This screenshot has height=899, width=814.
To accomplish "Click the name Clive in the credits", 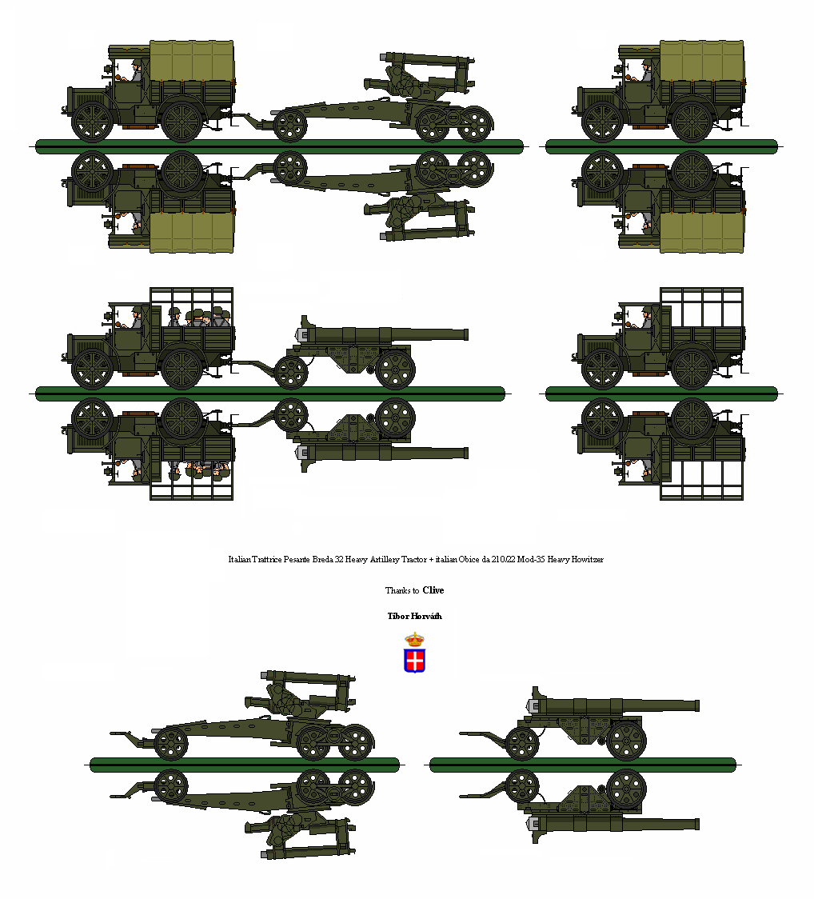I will [433, 590].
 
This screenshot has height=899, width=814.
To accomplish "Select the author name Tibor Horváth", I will [414, 616].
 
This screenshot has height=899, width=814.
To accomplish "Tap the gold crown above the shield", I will [414, 639].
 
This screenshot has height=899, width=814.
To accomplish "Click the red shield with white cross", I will [414, 661].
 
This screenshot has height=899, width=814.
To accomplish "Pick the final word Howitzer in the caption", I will [585, 559].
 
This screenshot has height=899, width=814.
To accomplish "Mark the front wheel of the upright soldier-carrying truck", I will [93, 369].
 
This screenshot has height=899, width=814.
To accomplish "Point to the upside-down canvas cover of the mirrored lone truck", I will [703, 233].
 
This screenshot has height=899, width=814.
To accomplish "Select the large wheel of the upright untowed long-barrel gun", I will [626, 741].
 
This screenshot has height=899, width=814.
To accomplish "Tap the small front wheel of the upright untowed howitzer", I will [170, 743].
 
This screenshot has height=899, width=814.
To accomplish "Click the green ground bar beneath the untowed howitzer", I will [245, 765].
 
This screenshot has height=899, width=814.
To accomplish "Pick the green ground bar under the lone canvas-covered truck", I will [661, 146].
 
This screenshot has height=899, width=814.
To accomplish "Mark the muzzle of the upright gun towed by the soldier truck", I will [465, 333].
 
